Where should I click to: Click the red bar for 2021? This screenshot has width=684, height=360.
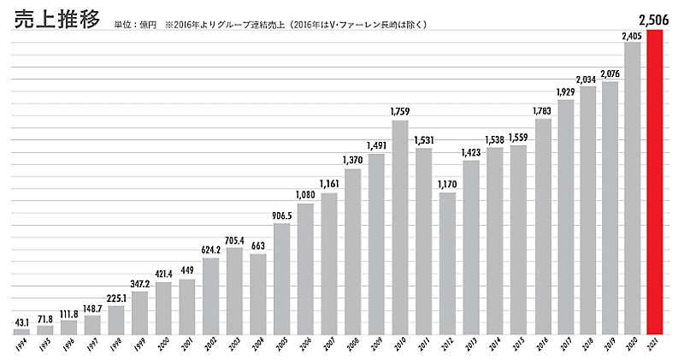[x=655, y=181]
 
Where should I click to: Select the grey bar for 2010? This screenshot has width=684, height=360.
[x=399, y=227]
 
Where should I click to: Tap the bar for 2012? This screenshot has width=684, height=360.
[x=446, y=263]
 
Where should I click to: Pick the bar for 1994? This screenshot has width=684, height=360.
[x=21, y=331]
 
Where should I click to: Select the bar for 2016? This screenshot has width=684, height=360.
[x=541, y=226]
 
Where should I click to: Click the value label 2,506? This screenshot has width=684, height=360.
[x=655, y=19]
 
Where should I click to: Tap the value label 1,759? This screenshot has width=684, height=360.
[x=399, y=111]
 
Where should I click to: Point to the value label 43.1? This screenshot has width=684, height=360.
[x=21, y=322]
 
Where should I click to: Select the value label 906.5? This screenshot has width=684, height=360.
[x=281, y=215]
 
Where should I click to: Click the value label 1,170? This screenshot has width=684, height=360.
[x=446, y=184]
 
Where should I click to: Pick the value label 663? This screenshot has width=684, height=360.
[x=257, y=246]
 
